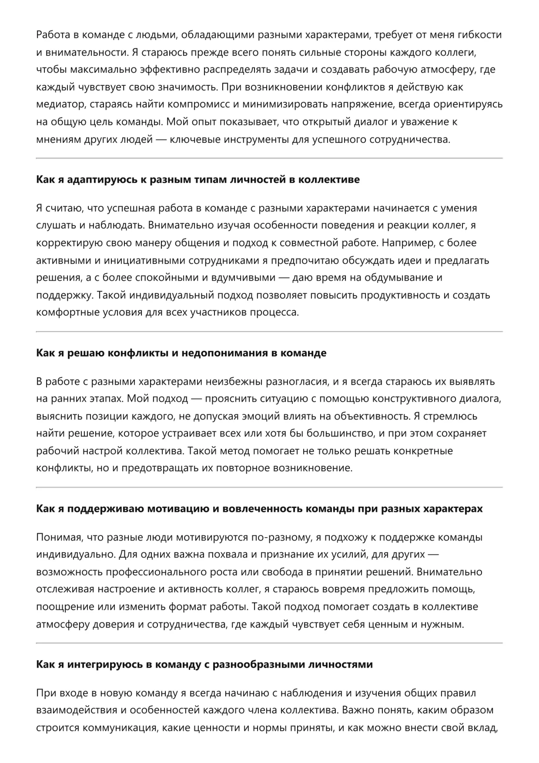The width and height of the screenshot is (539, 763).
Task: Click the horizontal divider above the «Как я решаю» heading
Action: click(269, 332)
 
